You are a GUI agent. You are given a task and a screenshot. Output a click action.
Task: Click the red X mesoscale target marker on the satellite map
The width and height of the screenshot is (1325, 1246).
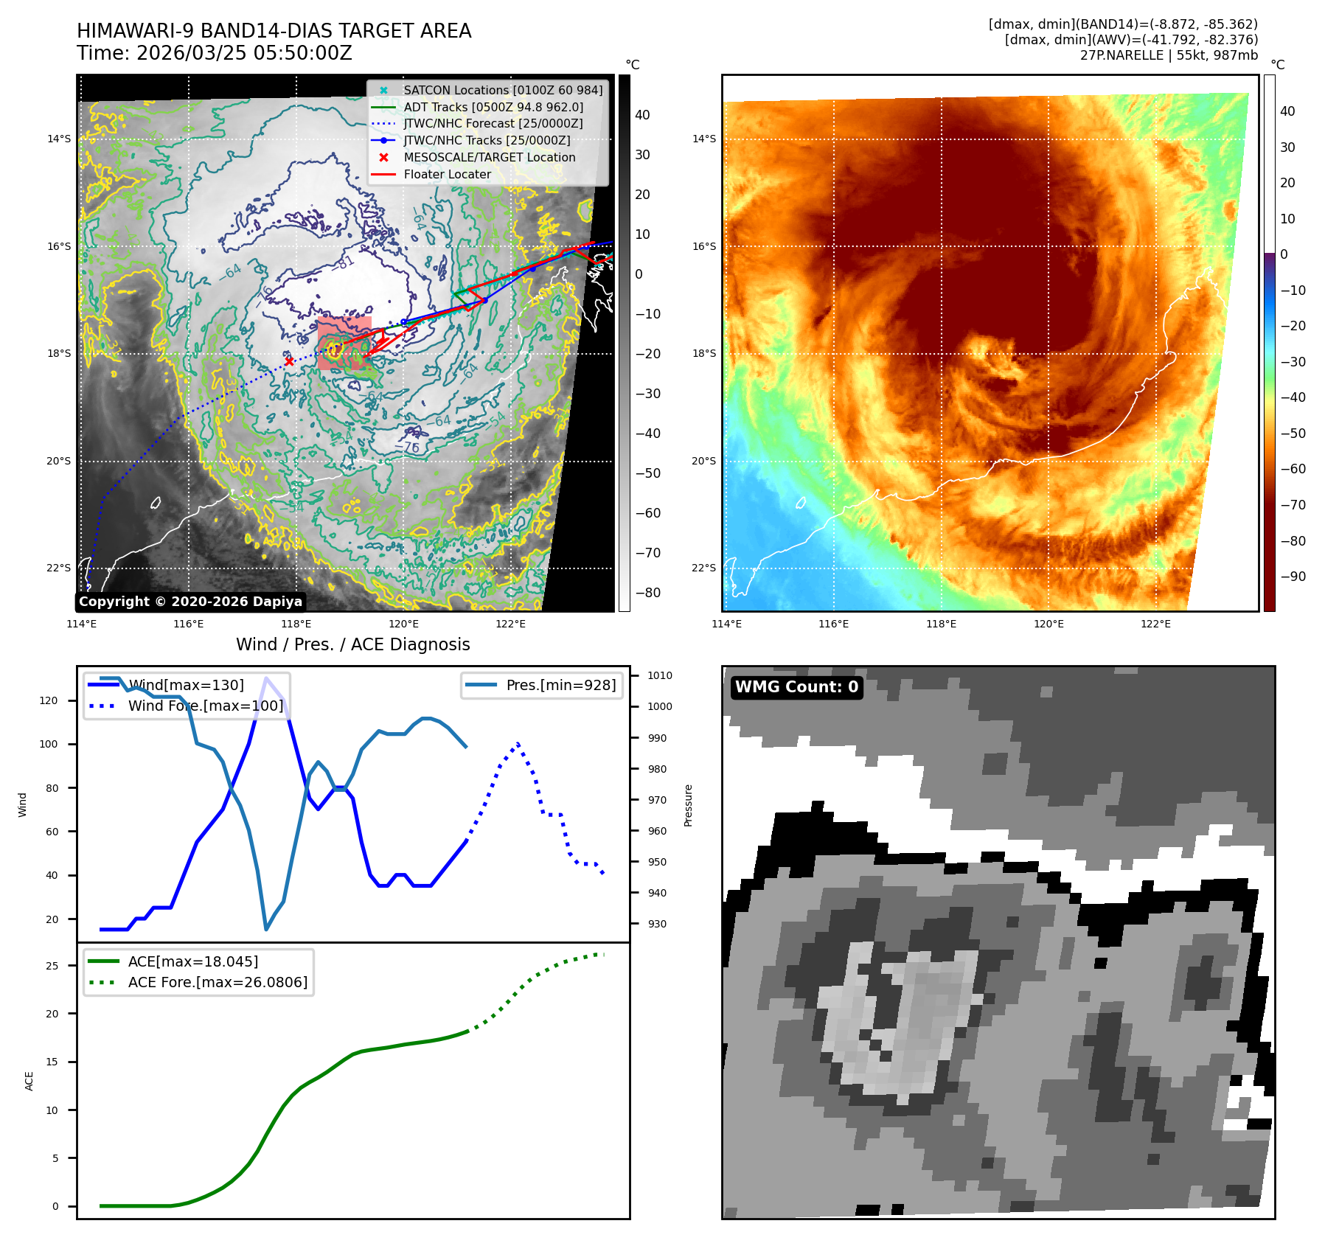(x=289, y=361)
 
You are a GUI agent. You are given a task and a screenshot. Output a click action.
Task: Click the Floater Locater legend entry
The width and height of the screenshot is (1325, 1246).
(x=447, y=174)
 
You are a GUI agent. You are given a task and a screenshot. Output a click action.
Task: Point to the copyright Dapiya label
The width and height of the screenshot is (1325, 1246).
(x=190, y=602)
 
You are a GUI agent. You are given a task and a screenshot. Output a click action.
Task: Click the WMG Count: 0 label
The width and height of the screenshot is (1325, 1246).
(x=796, y=687)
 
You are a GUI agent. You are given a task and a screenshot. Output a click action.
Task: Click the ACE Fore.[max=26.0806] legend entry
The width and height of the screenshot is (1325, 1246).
(x=218, y=982)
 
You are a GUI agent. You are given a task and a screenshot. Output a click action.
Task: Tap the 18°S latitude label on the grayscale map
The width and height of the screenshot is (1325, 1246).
(x=59, y=353)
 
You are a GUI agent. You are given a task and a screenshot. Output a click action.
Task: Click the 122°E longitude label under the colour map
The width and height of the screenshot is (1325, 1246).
(x=1155, y=624)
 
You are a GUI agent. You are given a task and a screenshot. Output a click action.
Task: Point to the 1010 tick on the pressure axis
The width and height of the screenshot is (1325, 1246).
(x=660, y=675)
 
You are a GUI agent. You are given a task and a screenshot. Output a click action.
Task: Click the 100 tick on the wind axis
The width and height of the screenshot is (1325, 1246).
(x=49, y=744)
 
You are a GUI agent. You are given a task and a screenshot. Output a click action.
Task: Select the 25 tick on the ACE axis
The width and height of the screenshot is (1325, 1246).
(x=52, y=966)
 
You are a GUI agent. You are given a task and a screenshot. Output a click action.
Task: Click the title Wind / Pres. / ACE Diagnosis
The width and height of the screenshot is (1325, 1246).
(x=352, y=644)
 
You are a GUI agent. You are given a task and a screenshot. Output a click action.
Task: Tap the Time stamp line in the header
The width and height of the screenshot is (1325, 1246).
(x=215, y=53)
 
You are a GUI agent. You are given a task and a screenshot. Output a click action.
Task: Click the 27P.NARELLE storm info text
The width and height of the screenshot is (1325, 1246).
(x=1169, y=55)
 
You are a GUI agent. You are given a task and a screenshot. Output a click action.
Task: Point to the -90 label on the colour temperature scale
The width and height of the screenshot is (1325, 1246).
(x=1293, y=577)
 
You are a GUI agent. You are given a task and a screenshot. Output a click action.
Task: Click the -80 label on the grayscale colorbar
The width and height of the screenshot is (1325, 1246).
(x=648, y=593)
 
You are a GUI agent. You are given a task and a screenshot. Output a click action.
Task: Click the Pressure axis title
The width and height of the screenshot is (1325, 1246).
(x=689, y=805)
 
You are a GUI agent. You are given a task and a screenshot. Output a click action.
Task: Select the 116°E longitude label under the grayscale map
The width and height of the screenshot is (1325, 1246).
(x=189, y=624)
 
